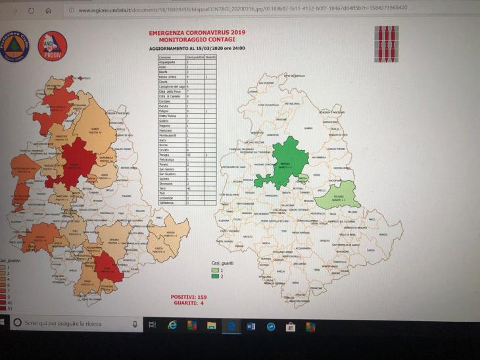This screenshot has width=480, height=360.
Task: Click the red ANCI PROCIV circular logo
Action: pyautogui.click(x=53, y=47)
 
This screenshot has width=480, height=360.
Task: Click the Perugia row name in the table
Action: pyautogui.click(x=164, y=154)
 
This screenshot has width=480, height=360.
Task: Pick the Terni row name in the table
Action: pyautogui.click(x=164, y=188)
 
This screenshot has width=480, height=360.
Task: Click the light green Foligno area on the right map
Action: pyautogui.click(x=336, y=195)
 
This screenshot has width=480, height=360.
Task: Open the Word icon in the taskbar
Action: pyautogui.click(x=251, y=325)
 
